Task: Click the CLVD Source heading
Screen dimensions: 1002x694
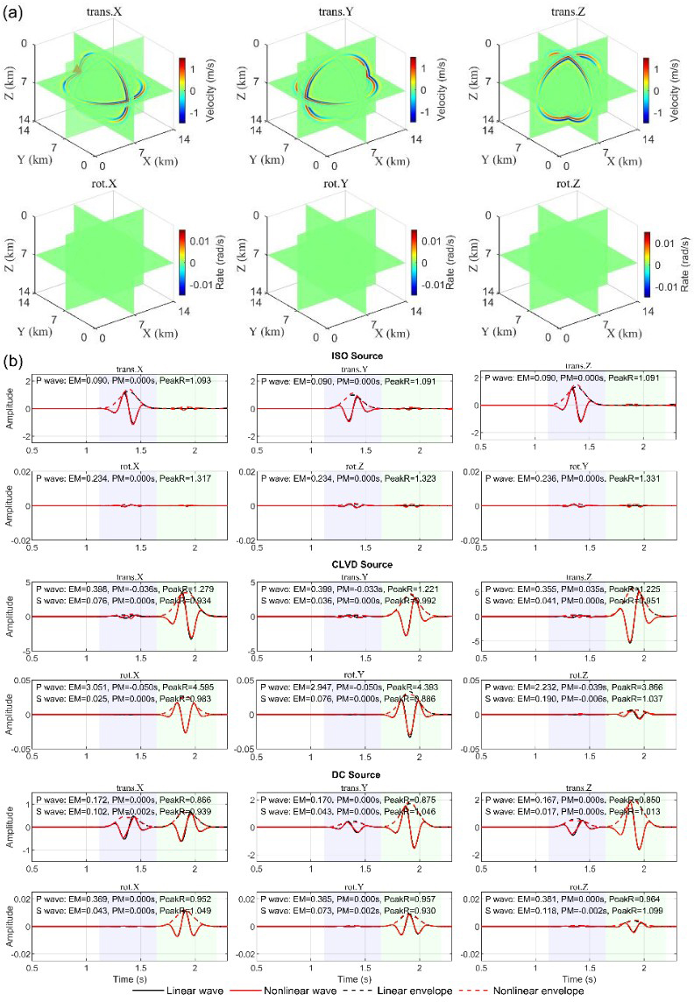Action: (352, 565)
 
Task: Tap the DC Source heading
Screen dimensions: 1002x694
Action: (352, 775)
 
